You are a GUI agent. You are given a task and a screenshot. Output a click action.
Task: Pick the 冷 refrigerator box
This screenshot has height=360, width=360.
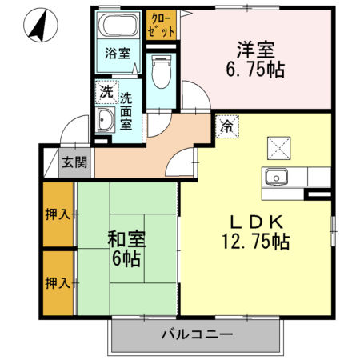click(226, 126)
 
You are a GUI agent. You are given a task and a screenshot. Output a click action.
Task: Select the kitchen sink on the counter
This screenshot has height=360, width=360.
click(277, 177)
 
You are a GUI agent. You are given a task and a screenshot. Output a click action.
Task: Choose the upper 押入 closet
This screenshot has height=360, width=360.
click(58, 214)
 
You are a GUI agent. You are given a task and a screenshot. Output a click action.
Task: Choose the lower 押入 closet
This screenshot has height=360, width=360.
click(58, 282)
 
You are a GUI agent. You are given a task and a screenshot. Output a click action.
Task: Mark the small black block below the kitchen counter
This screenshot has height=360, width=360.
click(319, 195)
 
